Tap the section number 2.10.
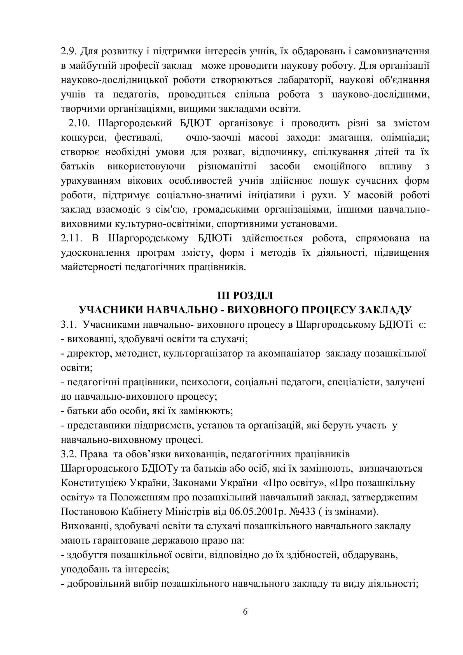pyautogui.click(x=79, y=123)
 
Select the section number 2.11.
pyautogui.click(x=71, y=238)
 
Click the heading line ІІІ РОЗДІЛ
pyautogui.click(x=245, y=295)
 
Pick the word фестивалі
pyautogui.click(x=139, y=138)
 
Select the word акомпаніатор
pyautogui.click(x=289, y=353)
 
